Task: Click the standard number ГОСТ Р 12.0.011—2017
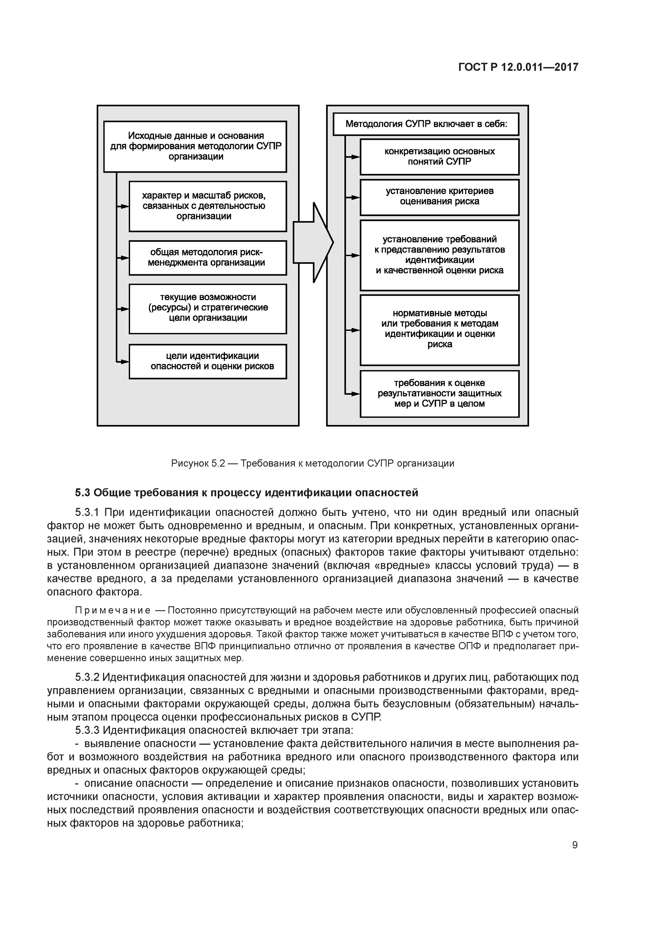pos(518,67)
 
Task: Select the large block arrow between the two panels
pos(313,242)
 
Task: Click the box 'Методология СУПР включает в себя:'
pos(426,124)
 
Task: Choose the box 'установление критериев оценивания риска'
pos(439,197)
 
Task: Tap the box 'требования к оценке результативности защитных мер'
pos(439,393)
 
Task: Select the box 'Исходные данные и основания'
pos(195,146)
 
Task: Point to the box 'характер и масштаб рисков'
pos(208,206)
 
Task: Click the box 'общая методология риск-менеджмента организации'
pos(208,258)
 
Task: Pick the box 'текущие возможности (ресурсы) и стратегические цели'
pos(208,309)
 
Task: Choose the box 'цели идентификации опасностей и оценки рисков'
pos(208,361)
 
